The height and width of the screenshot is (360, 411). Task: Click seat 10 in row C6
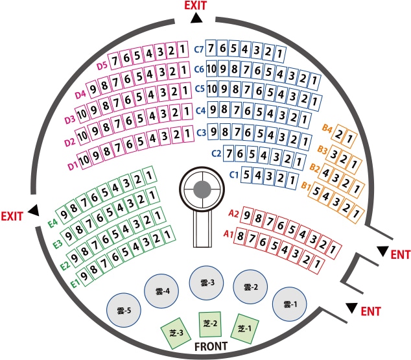[x=211, y=69]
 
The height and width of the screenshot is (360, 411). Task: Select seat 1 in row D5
[x=183, y=49]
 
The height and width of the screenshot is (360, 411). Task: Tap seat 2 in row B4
[x=338, y=134]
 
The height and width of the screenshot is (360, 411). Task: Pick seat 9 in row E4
[x=64, y=215]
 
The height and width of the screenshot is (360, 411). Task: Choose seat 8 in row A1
[x=240, y=236]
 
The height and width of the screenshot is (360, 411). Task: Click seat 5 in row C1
[x=246, y=174]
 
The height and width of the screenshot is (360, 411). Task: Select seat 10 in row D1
[x=84, y=160]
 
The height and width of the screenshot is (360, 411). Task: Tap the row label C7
[x=199, y=49]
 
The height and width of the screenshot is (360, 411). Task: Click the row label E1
[x=75, y=283]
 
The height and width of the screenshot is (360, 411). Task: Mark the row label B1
[x=306, y=186]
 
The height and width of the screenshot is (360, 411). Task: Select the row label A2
[x=233, y=213]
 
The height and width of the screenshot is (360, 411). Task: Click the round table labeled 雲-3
[x=206, y=282]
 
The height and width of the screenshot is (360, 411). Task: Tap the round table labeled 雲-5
[x=124, y=310]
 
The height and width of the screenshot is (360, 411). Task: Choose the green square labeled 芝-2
[x=210, y=324]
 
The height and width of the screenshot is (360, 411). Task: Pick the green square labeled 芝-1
[x=245, y=328]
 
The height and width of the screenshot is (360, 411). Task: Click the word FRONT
[x=211, y=346]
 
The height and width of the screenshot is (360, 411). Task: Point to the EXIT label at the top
[x=196, y=5]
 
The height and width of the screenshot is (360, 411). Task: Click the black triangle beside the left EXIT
[x=34, y=210]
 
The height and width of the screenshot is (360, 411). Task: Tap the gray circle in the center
[x=202, y=189]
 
